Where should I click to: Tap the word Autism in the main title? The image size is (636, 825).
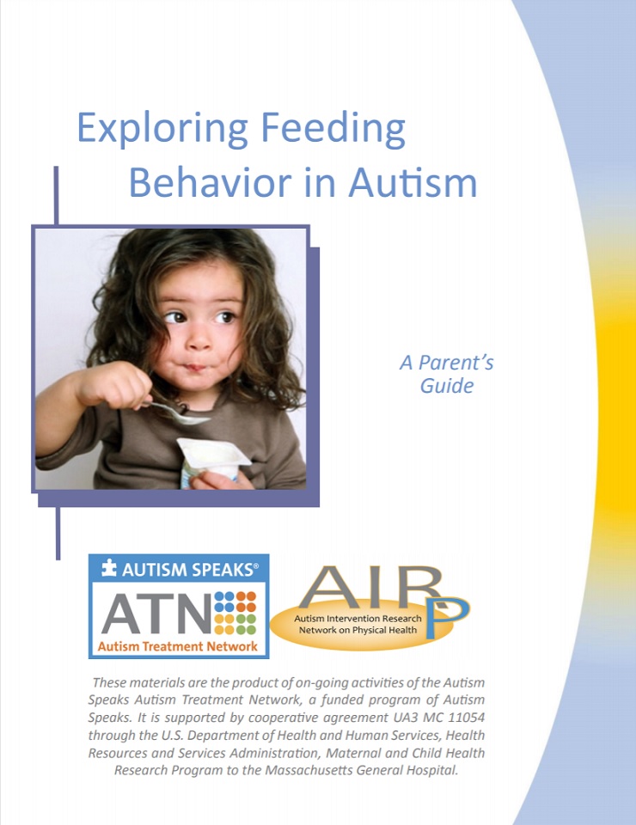point(413,182)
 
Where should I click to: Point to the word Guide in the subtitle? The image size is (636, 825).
point(447,386)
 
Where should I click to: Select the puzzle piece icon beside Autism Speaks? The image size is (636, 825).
point(108,569)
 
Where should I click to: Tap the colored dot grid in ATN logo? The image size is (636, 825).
point(235,612)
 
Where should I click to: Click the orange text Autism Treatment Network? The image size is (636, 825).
point(178,646)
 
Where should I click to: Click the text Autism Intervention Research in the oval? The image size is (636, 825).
point(358,619)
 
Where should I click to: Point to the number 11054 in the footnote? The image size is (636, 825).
point(452,720)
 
